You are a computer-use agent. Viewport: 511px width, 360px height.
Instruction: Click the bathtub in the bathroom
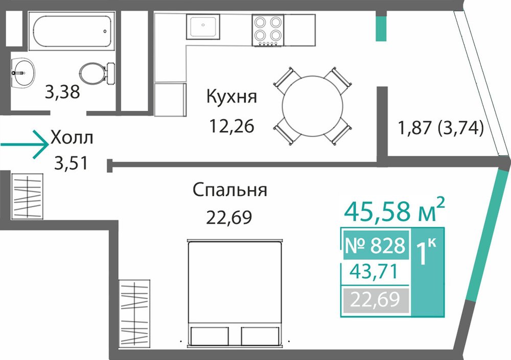coord(72,31)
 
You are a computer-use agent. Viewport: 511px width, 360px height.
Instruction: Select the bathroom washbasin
coord(23,73)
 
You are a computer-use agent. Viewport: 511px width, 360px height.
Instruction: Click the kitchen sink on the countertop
coord(203,27)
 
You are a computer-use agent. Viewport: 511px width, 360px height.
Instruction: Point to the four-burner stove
coord(268,30)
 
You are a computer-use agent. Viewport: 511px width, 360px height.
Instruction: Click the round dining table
coord(313,106)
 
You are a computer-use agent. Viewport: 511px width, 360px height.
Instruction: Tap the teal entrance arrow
coord(25,145)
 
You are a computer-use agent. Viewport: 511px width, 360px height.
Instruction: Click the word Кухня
coord(231,97)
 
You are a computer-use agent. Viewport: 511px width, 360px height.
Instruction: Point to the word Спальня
coord(230,189)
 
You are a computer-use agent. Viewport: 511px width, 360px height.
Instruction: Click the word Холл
coord(72,138)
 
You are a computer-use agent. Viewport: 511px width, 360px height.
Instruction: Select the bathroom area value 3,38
coord(62,92)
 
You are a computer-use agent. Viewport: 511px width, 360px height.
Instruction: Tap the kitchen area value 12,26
coord(231,126)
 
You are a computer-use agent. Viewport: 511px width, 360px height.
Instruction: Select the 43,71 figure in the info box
coord(374,271)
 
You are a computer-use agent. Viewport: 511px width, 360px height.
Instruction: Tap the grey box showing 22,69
coord(375,300)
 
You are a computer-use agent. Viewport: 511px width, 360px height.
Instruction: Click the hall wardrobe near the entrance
coord(28,196)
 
